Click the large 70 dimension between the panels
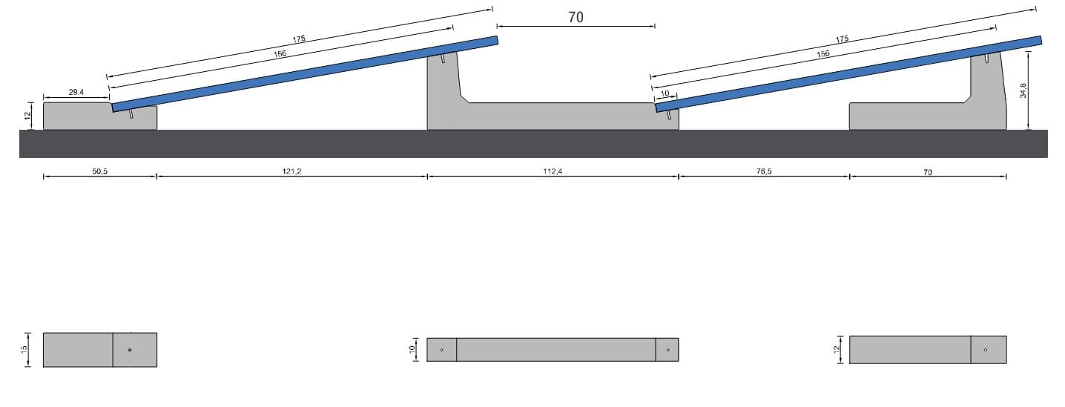point(576,18)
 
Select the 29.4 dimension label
point(76,92)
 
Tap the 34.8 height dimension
point(1023,90)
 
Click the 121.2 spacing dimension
point(291,171)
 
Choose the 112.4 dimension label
point(553,171)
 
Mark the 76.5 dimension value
point(763,171)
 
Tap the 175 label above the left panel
point(299,39)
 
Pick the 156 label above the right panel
point(823,54)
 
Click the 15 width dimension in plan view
point(24,349)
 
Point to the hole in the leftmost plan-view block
point(130,350)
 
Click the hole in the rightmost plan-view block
point(985,350)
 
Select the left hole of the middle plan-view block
point(441,350)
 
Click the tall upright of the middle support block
point(443,89)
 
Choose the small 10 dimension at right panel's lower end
point(665,93)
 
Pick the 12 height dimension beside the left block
point(27,116)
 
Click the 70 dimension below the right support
point(927,172)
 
